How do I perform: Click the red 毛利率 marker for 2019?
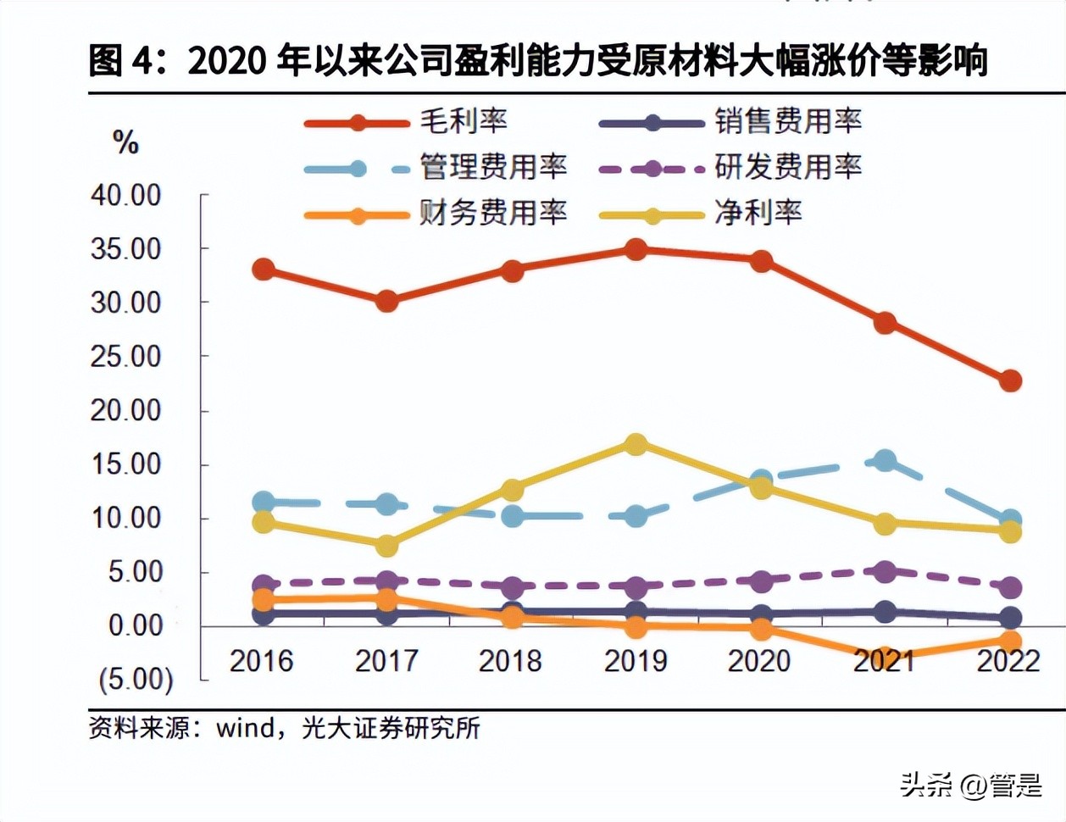[x=636, y=249]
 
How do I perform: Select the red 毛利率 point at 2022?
[x=1009, y=380]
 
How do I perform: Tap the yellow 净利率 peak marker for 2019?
[x=636, y=444]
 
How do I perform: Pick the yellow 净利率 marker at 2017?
[x=386, y=546]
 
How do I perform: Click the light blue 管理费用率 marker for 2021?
[x=885, y=461]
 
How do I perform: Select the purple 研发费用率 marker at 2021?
[x=885, y=572]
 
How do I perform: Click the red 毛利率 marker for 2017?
[x=386, y=301]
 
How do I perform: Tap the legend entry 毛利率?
[x=464, y=121]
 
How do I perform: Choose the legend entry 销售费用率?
[x=787, y=121]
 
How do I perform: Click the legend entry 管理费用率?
[x=493, y=167]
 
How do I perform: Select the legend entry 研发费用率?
[x=787, y=167]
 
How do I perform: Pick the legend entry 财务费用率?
[x=493, y=212]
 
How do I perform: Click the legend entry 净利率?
[x=758, y=212]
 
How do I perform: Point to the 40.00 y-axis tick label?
[x=126, y=195]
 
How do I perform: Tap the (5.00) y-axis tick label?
[x=136, y=679]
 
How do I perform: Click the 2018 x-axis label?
[x=510, y=661]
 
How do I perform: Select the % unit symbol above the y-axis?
[x=125, y=142]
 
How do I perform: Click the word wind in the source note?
[x=245, y=727]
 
